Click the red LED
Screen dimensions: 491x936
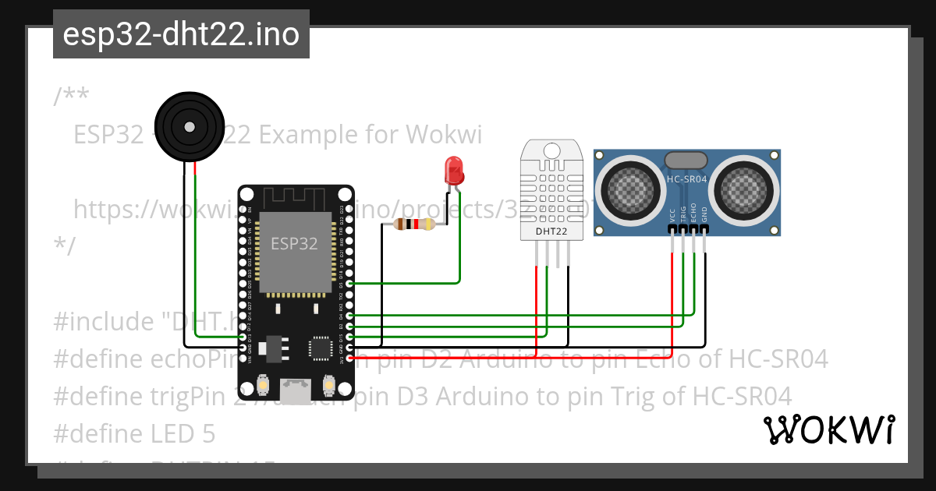453,170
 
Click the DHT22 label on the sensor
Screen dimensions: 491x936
553,231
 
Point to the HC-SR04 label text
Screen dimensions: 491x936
686,179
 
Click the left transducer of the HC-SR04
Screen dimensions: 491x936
627,189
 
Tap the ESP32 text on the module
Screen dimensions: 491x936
294,243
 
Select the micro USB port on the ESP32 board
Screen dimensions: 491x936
296,385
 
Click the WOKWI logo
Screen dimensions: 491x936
828,430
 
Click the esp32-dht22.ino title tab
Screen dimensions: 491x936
181,35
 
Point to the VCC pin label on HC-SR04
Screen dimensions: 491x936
672,216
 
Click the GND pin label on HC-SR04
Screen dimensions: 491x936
704,216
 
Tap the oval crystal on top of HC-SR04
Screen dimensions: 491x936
686,159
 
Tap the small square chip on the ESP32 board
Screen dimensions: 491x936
321,348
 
